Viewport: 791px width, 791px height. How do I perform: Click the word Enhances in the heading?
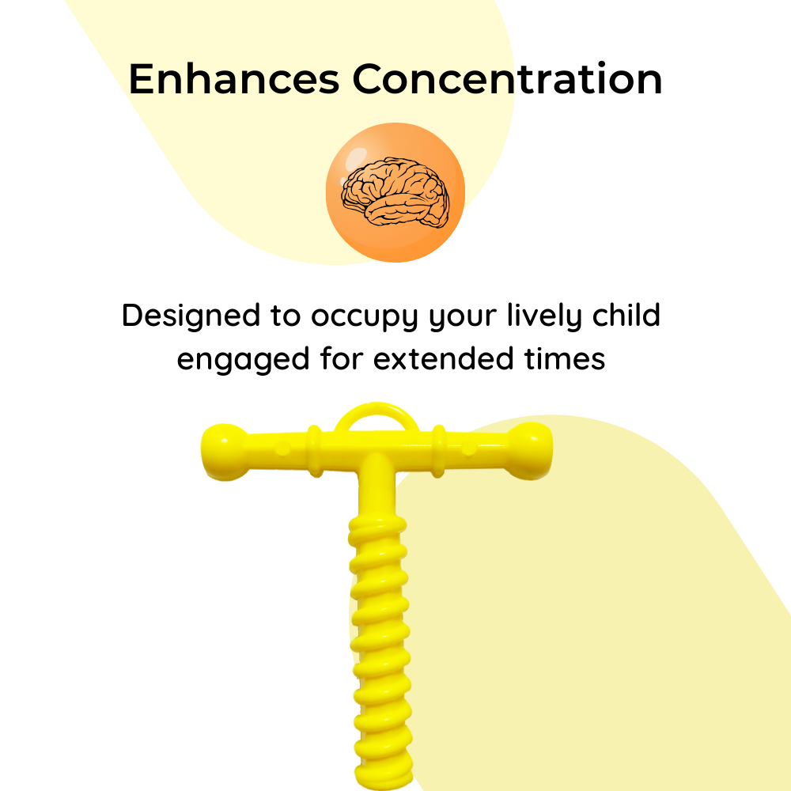[234, 78]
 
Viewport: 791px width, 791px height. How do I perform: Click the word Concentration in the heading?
[507, 78]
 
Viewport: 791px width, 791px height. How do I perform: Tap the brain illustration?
[395, 192]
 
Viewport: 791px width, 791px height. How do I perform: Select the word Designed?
[191, 316]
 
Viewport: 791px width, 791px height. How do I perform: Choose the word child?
[626, 315]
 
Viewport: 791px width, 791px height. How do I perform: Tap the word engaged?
[243, 360]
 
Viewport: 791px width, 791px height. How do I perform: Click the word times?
[565, 358]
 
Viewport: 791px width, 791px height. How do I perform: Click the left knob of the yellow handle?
[224, 452]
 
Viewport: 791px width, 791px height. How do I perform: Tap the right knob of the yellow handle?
[530, 451]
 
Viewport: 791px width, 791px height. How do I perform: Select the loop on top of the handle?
[377, 410]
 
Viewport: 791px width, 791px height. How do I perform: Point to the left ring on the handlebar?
[315, 451]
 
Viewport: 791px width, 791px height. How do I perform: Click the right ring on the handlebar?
[438, 451]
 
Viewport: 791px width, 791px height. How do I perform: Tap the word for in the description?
[342, 358]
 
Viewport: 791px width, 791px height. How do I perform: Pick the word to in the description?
[286, 316]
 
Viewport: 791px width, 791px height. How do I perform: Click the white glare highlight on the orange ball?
[357, 157]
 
